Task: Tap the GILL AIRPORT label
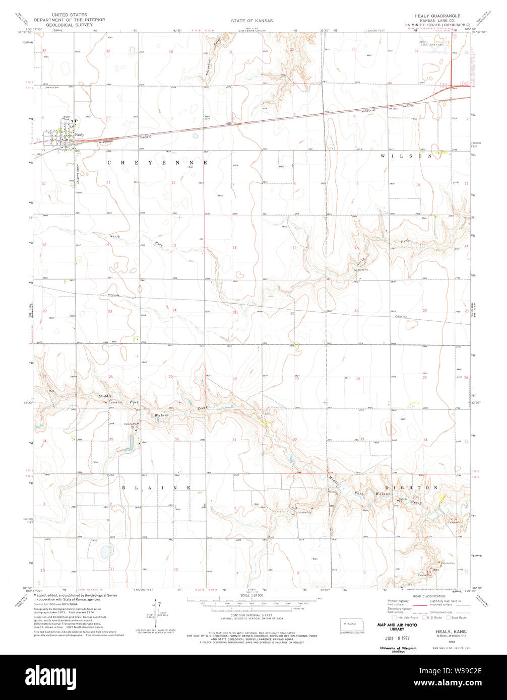[x=436, y=45]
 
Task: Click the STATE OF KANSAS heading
[x=252, y=21]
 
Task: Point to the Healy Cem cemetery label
[x=52, y=88]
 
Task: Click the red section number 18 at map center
[x=234, y=248]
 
